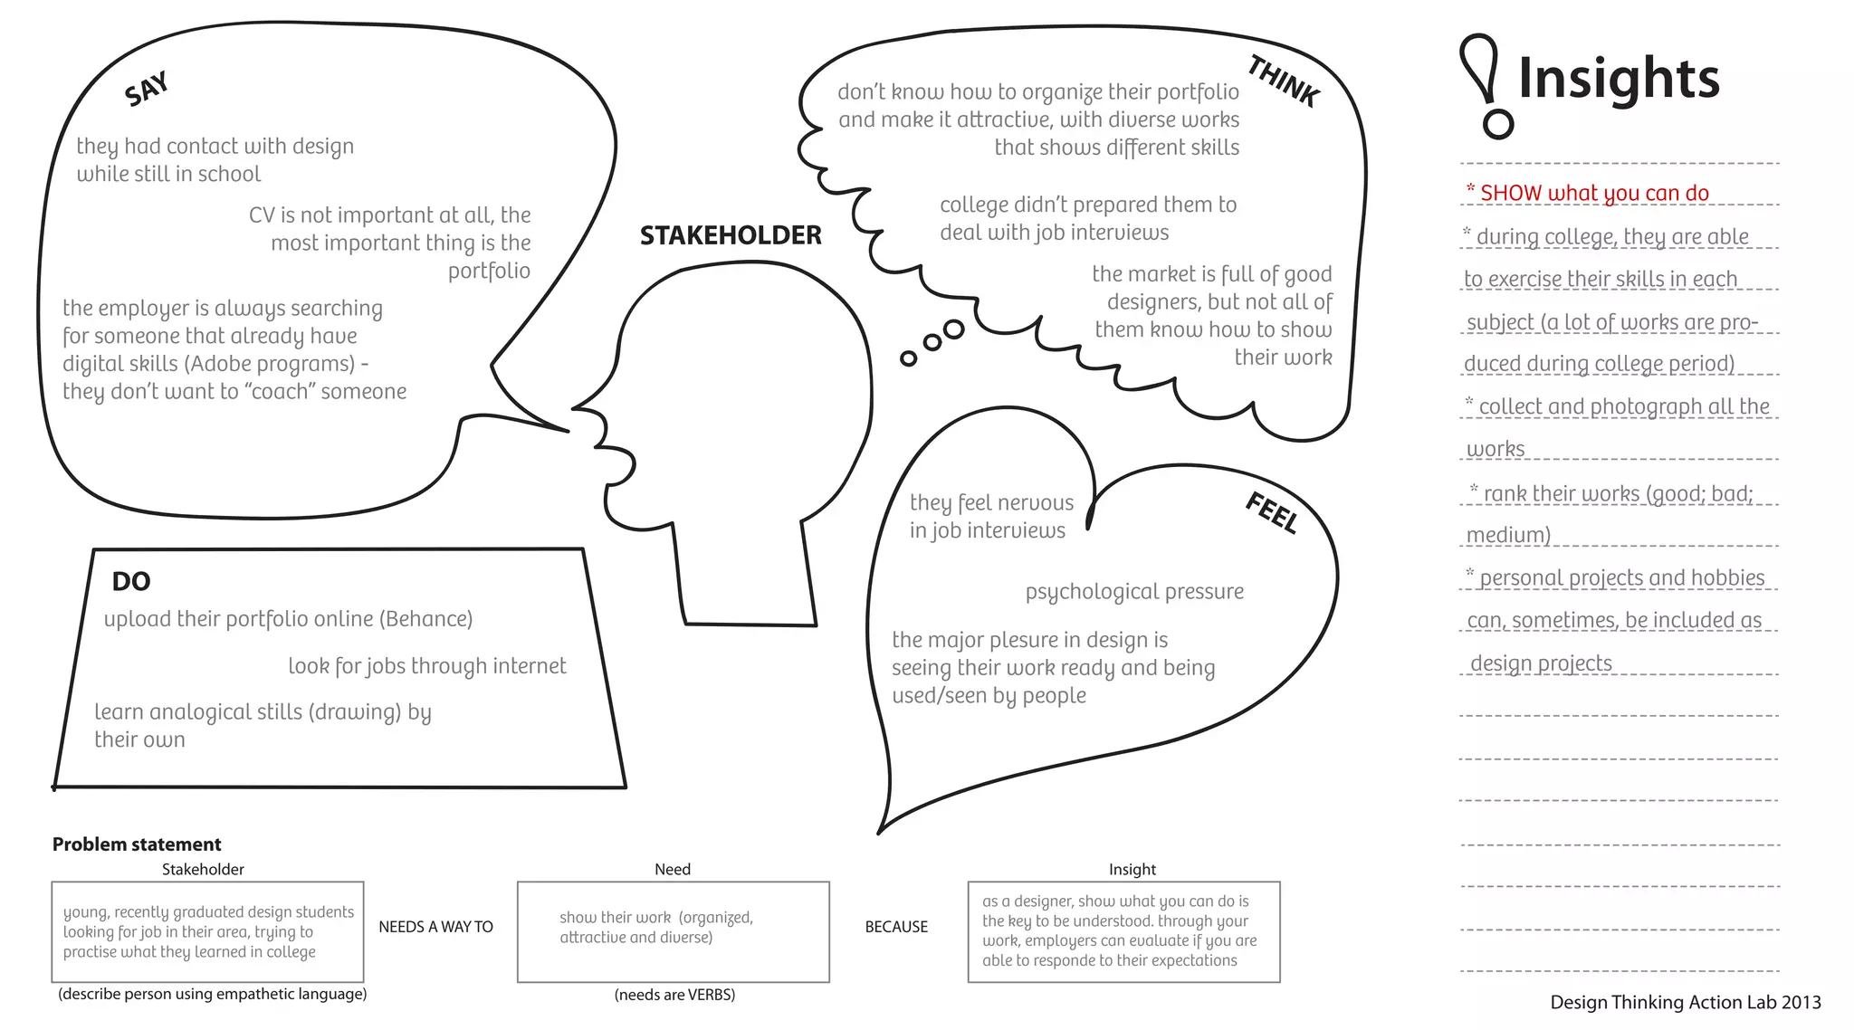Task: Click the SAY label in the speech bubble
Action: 147,89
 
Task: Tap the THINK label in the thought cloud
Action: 1283,81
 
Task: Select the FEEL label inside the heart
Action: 1272,512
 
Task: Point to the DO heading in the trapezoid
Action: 131,582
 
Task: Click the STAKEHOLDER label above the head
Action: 731,236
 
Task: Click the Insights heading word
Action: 1619,79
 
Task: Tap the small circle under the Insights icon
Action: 1498,124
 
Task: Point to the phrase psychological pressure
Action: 1134,592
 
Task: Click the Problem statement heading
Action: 137,844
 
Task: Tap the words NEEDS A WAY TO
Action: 435,927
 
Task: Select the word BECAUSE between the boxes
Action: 896,927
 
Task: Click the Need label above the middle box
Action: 673,870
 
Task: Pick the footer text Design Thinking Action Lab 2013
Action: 1685,1002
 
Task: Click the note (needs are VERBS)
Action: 674,995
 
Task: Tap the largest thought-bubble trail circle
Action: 953,329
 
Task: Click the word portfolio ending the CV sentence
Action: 489,272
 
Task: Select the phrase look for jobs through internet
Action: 426,666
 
